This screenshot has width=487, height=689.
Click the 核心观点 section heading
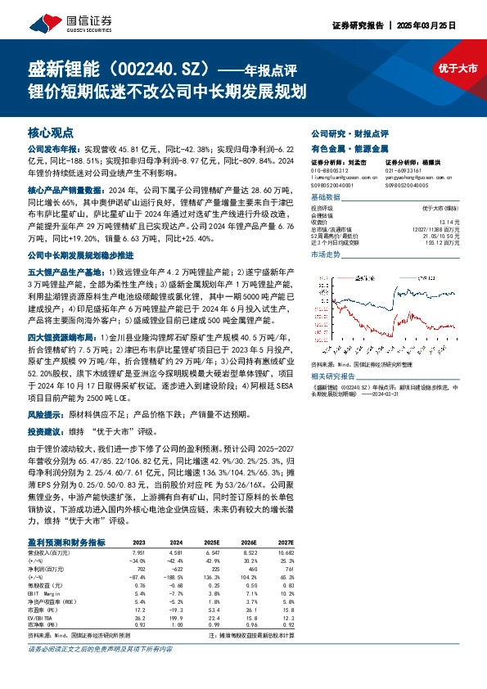pyautogui.click(x=51, y=132)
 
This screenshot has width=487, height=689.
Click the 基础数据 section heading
pyautogui.click(x=325, y=198)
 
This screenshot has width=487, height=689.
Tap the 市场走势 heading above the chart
pyautogui.click(x=325, y=255)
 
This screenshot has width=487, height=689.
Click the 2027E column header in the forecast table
pyautogui.click(x=285, y=543)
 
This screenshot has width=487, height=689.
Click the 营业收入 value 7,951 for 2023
pyautogui.click(x=139, y=552)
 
